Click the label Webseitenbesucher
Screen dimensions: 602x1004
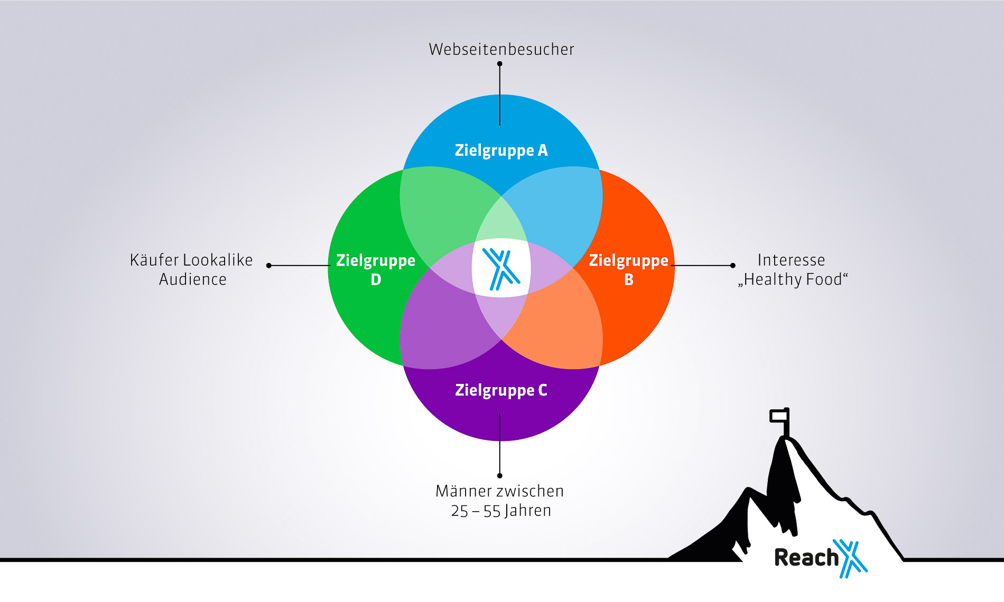click(501, 49)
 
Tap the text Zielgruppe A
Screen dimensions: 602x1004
click(501, 150)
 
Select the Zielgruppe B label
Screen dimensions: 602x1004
click(628, 269)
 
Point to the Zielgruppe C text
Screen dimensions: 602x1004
click(501, 390)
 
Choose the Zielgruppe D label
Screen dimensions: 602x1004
click(376, 269)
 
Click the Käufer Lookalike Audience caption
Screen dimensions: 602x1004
click(192, 269)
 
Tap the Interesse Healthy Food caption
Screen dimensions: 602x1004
click(792, 269)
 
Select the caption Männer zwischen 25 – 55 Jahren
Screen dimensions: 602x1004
click(500, 501)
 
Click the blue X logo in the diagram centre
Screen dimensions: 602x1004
click(501, 269)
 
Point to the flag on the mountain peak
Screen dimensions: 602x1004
click(779, 416)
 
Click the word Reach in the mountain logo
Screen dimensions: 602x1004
click(806, 558)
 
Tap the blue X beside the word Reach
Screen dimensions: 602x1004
click(851, 558)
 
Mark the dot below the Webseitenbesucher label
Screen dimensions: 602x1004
click(499, 64)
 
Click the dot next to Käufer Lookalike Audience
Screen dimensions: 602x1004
click(269, 266)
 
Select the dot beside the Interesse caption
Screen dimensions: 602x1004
click(732, 266)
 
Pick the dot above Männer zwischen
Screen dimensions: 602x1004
click(499, 476)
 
